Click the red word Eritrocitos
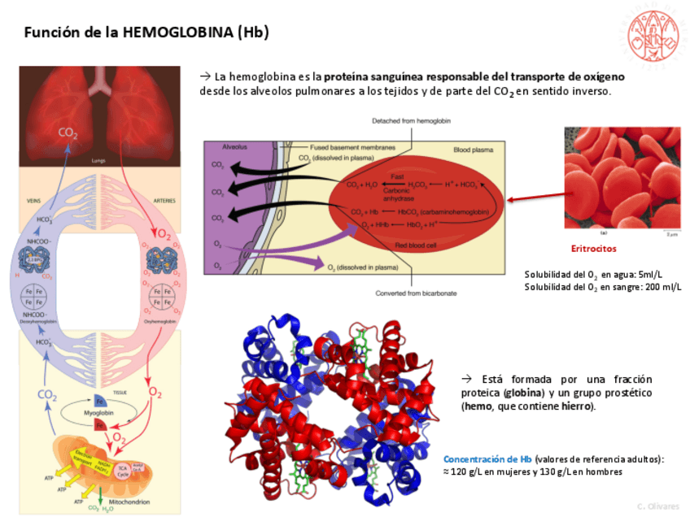[593, 249]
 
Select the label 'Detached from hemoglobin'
[411, 120]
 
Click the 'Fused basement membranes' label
[353, 148]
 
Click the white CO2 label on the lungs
[68, 132]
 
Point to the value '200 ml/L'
[662, 287]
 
